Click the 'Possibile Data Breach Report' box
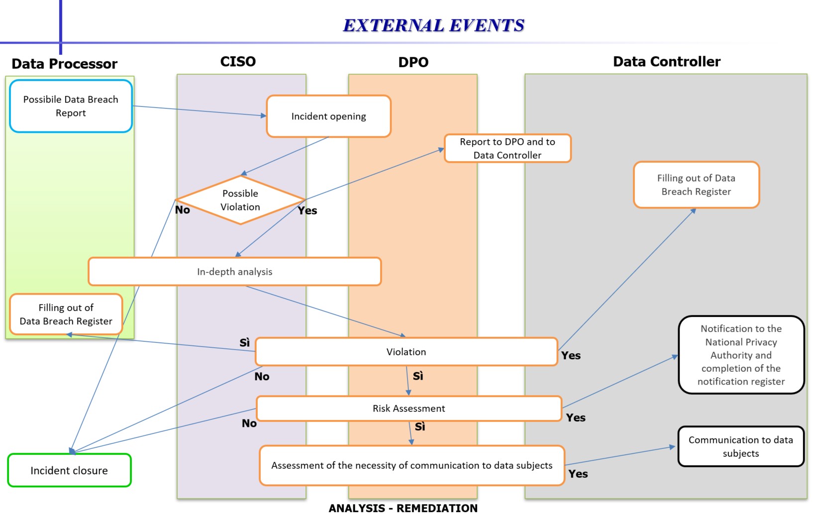coord(71,106)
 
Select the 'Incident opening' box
coord(328,116)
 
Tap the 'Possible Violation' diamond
coord(240,200)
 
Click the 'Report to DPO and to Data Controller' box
coord(507,148)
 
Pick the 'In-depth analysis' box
coord(234,272)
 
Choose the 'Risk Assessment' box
coord(408,409)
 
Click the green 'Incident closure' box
coord(69,470)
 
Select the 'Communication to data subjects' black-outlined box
coord(740,446)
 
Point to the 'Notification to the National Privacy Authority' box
coord(740,355)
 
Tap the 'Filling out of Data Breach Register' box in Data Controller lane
coord(696,185)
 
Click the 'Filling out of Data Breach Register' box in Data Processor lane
coord(66,314)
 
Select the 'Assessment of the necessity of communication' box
coord(411,465)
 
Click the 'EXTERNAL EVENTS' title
coord(433,25)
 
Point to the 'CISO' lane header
coord(238,62)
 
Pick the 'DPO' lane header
coord(413,62)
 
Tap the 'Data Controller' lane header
coord(666,62)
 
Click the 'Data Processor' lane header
coord(64,64)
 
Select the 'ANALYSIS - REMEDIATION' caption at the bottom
coord(403,508)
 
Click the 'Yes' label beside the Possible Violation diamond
coord(307,210)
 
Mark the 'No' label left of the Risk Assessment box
coord(249,423)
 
